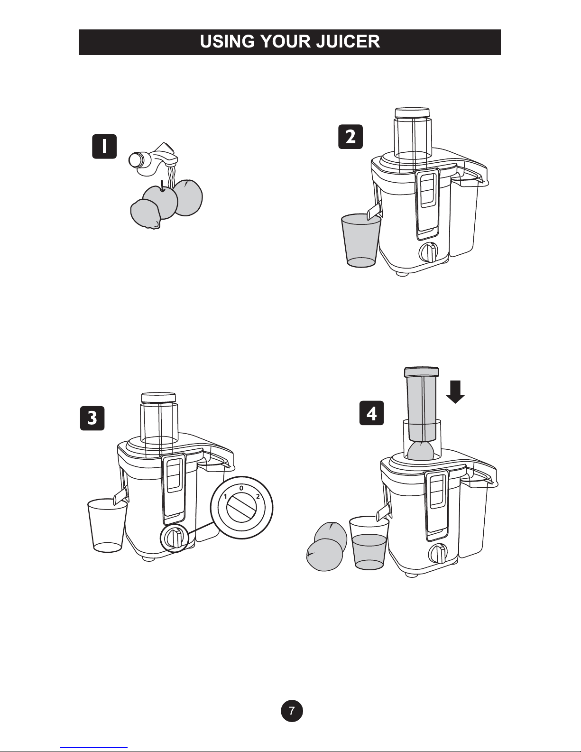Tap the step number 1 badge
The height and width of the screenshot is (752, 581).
click(104, 147)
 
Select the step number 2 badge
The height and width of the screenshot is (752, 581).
click(350, 137)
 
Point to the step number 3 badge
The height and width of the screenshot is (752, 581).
click(92, 418)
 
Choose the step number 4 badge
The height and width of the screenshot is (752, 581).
click(372, 413)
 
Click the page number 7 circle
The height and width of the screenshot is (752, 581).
click(292, 711)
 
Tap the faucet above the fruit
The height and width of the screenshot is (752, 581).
click(154, 159)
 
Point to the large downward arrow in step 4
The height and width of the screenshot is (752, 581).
click(455, 392)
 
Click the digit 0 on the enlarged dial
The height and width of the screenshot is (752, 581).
click(241, 488)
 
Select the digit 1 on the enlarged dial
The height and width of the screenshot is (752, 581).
click(225, 497)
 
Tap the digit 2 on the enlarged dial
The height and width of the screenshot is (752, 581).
click(258, 497)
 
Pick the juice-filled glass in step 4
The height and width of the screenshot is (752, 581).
click(369, 543)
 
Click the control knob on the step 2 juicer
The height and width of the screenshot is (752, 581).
click(428, 252)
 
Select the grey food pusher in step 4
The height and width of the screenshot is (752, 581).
click(422, 404)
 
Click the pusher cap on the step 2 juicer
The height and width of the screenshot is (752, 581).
click(412, 112)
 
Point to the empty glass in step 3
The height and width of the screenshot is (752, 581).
click(107, 525)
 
